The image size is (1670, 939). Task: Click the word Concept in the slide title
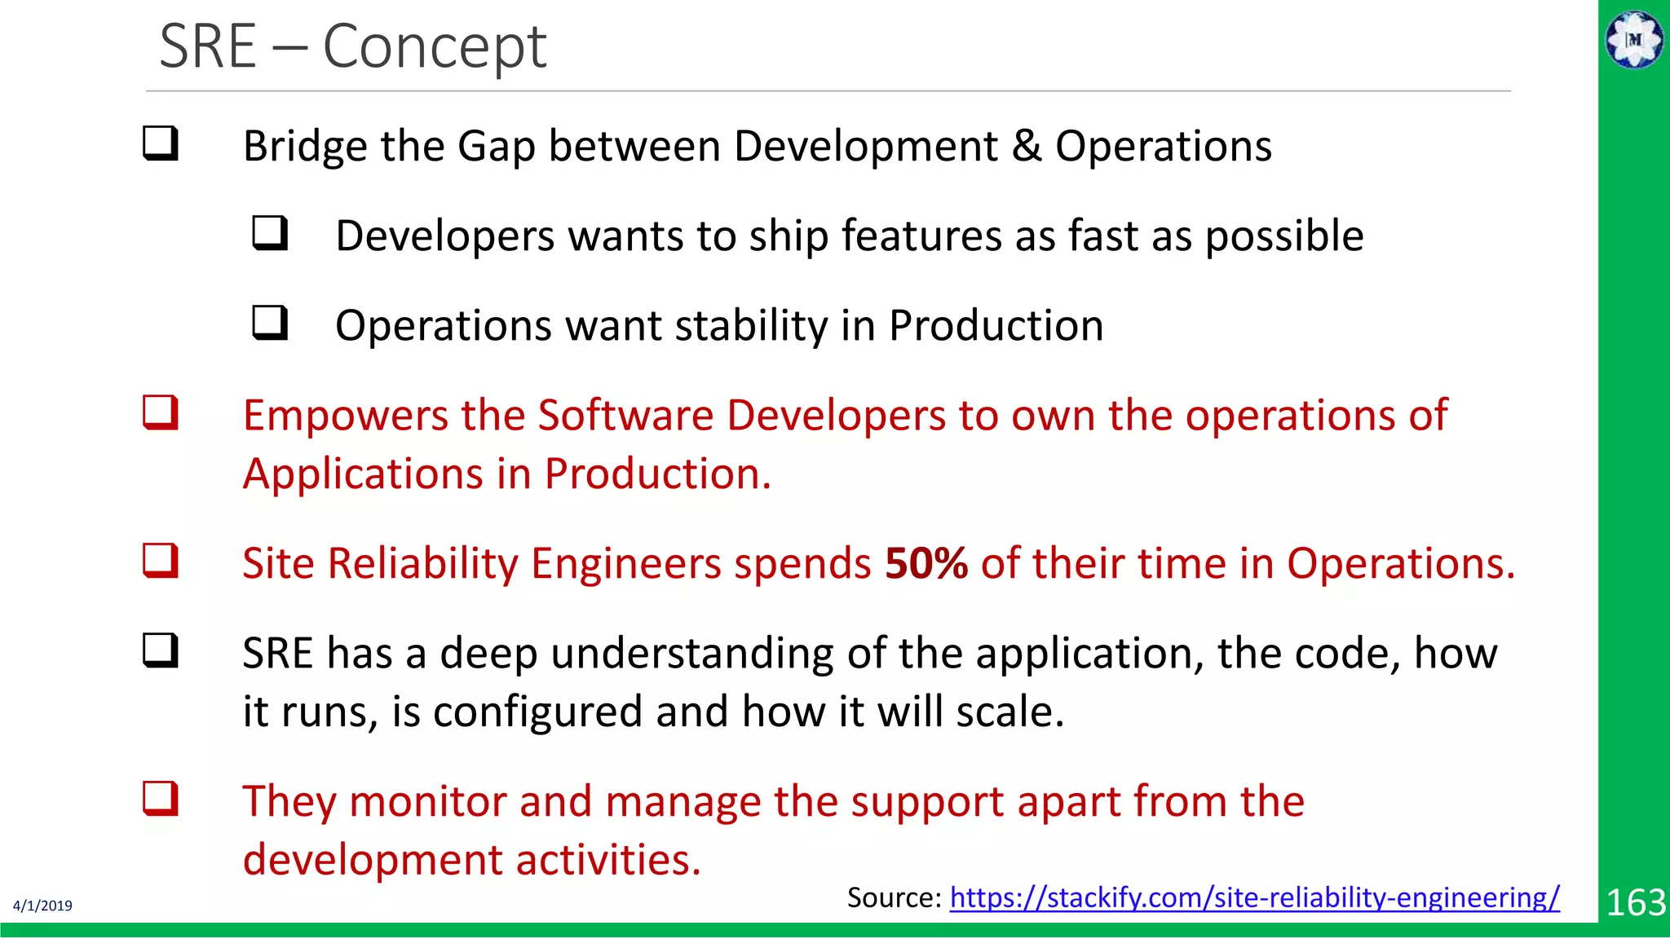tap(434, 47)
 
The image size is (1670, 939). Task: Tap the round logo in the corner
tap(1634, 39)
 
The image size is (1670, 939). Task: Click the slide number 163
tap(1635, 902)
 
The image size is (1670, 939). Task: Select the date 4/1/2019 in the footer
tap(42, 906)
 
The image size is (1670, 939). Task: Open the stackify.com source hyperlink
tap(1254, 897)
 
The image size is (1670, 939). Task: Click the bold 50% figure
tap(926, 563)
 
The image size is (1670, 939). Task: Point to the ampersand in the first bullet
tap(1027, 147)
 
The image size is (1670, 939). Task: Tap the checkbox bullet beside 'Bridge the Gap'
tap(161, 143)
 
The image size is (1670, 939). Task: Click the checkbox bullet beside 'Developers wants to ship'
tap(270, 233)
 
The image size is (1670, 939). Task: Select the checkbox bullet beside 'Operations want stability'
tap(270, 323)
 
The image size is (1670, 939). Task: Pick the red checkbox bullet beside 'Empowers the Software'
tap(161, 412)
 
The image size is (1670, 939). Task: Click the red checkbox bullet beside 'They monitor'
tap(161, 799)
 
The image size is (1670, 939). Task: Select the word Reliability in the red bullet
tap(422, 563)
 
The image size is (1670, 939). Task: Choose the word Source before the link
tap(893, 897)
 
